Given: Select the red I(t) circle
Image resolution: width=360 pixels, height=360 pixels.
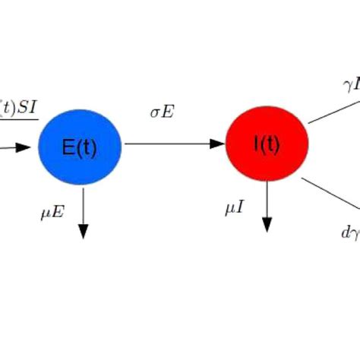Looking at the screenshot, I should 267,144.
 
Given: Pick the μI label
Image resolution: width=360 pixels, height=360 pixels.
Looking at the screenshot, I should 234,207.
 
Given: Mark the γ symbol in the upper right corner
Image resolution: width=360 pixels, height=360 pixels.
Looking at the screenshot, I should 348,85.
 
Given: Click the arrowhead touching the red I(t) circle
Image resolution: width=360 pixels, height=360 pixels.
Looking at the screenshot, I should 219,143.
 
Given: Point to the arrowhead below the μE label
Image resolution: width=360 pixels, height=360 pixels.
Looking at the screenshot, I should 83,232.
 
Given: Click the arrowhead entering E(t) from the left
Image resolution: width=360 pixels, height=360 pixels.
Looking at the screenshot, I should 31,147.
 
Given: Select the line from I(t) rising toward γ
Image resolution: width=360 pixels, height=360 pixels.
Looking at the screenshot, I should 333,109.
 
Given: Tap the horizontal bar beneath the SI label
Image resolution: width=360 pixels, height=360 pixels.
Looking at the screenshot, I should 19,119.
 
